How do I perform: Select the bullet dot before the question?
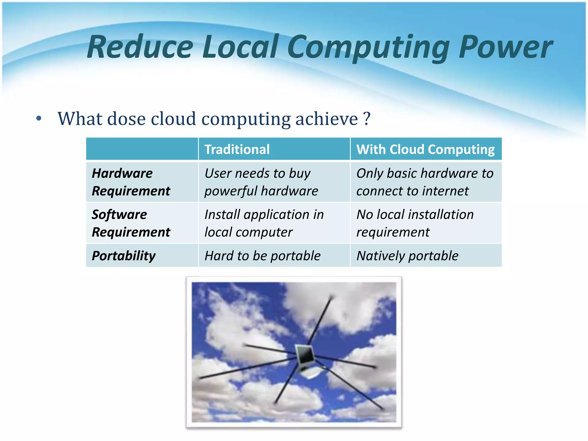39,119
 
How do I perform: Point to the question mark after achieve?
367,119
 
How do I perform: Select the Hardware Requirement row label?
131,182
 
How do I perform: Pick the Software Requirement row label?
131,223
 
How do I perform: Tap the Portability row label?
124,256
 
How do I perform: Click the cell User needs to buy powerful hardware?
261,182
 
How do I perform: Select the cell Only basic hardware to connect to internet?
425,182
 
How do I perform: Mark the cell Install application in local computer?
264,223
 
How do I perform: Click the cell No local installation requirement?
415,223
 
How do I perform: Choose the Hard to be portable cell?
262,256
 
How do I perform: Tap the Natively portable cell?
407,256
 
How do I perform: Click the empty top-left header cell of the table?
142,149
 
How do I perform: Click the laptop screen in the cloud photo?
305,355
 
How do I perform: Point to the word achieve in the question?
326,119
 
